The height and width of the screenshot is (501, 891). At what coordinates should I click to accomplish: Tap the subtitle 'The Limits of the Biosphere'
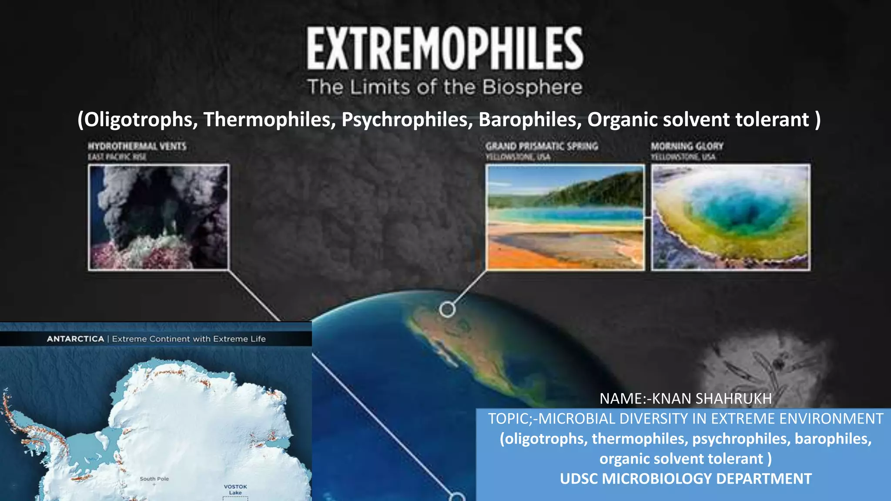click(445, 87)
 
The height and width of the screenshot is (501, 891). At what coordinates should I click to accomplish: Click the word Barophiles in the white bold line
click(529, 120)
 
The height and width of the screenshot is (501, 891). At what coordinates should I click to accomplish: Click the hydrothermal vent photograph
click(159, 217)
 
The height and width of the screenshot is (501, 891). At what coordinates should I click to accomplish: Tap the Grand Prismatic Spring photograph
click(565, 217)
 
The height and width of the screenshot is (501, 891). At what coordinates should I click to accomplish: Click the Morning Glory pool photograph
click(730, 217)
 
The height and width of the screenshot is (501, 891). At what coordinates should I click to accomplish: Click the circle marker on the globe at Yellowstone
click(447, 310)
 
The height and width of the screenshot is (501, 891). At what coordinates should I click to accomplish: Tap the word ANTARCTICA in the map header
click(75, 339)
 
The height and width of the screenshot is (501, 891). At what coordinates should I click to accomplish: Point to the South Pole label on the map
click(154, 479)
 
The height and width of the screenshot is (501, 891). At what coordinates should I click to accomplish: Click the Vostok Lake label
click(235, 490)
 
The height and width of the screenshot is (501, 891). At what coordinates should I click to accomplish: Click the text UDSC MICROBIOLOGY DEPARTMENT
click(686, 479)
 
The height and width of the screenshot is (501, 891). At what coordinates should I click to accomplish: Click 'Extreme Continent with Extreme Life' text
click(189, 339)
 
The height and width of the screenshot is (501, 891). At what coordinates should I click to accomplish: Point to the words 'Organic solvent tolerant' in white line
click(698, 120)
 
